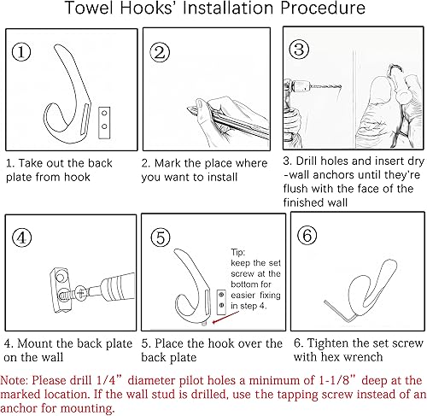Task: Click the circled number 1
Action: click(x=21, y=51)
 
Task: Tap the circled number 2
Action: click(x=160, y=52)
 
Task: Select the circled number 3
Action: click(x=299, y=50)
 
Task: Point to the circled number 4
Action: click(x=21, y=237)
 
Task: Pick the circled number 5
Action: click(x=161, y=237)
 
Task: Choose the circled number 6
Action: click(x=307, y=235)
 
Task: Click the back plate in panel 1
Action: click(x=104, y=123)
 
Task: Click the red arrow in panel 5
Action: click(x=225, y=317)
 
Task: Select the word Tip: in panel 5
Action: click(x=238, y=252)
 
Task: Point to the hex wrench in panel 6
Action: click(x=340, y=312)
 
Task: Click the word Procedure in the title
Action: click(x=323, y=8)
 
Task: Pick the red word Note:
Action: click(x=14, y=380)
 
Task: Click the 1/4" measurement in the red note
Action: click(x=109, y=380)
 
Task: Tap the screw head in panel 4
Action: click(x=80, y=293)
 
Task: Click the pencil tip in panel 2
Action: click(x=189, y=108)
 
